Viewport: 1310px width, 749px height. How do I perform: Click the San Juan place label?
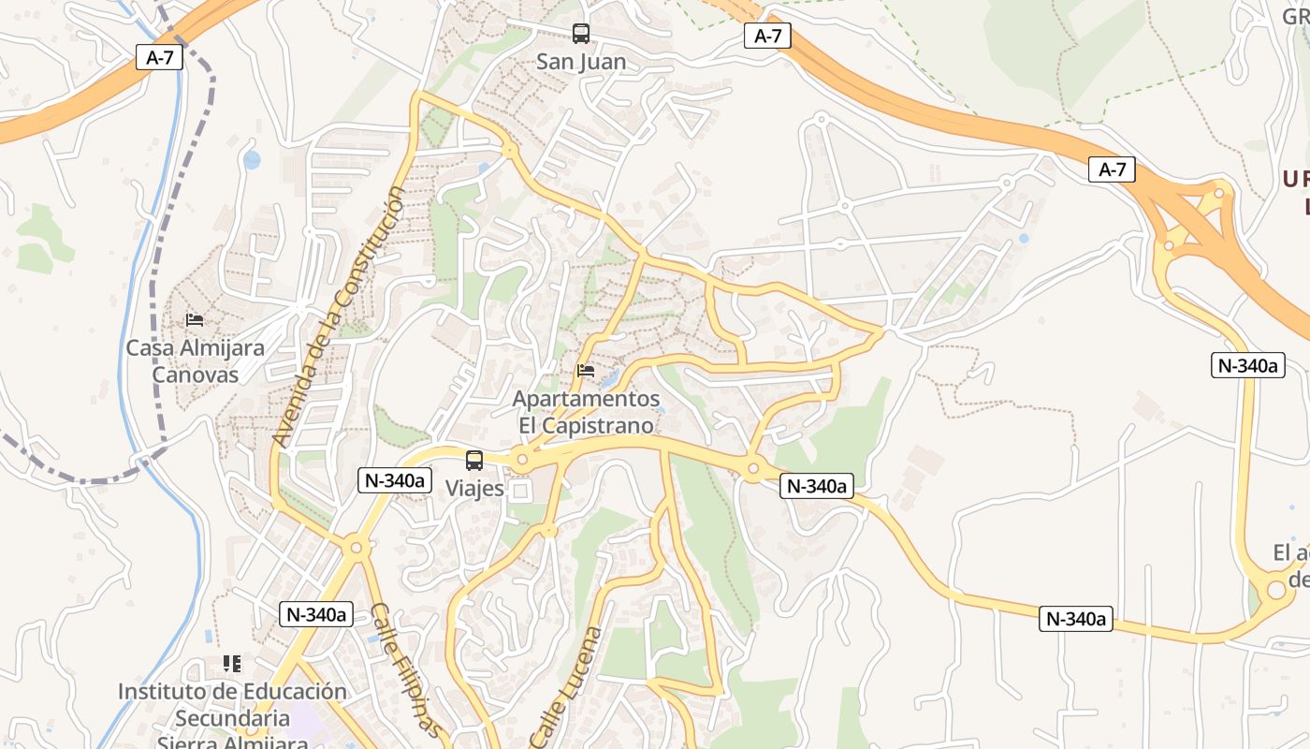[x=581, y=62]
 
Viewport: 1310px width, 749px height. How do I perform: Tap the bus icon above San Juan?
[x=581, y=34]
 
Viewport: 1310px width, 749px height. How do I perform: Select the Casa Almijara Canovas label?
[x=195, y=360]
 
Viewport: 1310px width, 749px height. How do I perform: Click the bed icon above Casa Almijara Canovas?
[x=195, y=320]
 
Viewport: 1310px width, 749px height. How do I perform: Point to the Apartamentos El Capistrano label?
[x=586, y=412]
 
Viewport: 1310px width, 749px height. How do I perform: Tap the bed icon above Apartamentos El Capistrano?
[x=586, y=371]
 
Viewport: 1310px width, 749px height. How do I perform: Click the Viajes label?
[x=474, y=488]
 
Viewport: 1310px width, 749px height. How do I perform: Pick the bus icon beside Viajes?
[x=474, y=461]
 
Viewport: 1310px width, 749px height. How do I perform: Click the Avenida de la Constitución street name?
[x=340, y=316]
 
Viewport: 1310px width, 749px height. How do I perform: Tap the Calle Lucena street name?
[x=567, y=686]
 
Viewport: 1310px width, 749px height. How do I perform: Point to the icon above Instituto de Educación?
[x=232, y=664]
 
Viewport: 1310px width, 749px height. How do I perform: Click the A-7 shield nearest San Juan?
[x=767, y=36]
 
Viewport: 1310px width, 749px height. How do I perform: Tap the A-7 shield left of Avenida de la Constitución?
[x=160, y=57]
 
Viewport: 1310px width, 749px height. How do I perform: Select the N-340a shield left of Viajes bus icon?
[x=395, y=480]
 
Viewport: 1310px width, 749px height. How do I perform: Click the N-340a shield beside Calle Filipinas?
[x=316, y=614]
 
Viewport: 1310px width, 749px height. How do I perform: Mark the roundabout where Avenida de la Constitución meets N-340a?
[x=355, y=548]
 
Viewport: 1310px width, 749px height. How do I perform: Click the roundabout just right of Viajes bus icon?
[x=522, y=460]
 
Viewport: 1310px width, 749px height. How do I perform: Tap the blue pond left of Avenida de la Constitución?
[x=252, y=160]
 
